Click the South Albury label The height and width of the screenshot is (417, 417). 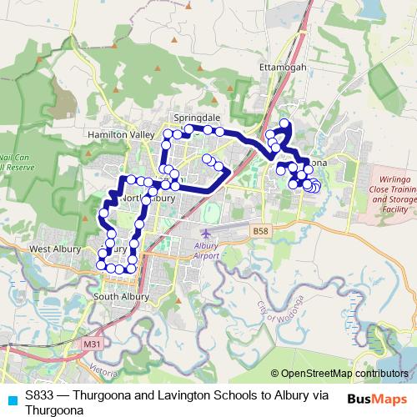[x=121, y=296]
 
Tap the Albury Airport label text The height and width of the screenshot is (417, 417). [x=211, y=251]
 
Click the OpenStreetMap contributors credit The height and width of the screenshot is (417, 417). [x=341, y=374]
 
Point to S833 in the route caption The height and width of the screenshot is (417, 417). [x=38, y=396]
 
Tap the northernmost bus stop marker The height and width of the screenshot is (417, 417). [x=284, y=124]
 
